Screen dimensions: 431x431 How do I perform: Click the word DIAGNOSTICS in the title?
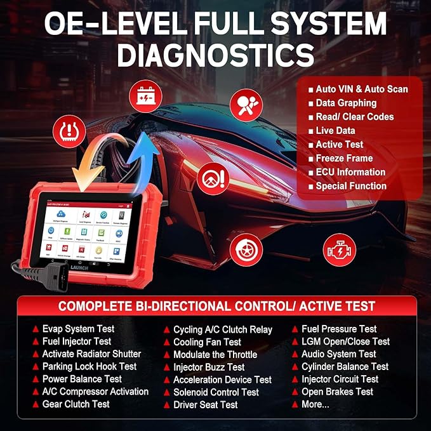[x=215, y=55]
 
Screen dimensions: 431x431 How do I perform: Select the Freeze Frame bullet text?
[x=344, y=158]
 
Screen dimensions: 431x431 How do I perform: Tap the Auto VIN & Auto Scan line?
[x=361, y=89]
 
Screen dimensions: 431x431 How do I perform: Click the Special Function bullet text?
[x=351, y=186]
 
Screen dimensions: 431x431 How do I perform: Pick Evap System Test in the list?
[x=78, y=329]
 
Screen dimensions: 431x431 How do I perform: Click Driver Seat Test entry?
[x=205, y=404]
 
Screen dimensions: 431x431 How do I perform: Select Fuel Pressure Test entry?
[x=338, y=329]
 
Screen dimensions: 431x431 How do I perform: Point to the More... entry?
[x=315, y=404]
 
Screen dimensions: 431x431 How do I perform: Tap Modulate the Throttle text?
[x=215, y=354]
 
